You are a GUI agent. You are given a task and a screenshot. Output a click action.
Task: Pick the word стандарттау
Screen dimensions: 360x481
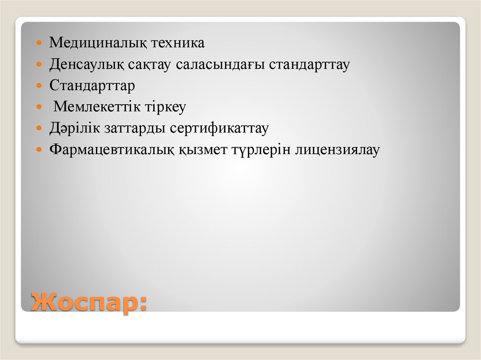[310, 65]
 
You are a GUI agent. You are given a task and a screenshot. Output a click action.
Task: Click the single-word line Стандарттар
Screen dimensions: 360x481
[92, 86]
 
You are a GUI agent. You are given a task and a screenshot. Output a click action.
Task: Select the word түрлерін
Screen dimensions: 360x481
[261, 150]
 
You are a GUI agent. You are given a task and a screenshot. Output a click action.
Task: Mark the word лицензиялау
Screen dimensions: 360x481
[337, 150]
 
